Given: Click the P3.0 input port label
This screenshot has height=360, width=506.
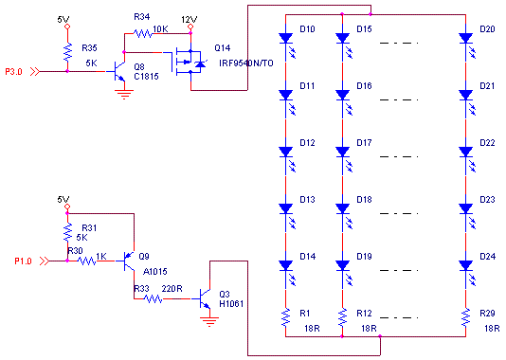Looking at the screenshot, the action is pos(13,72).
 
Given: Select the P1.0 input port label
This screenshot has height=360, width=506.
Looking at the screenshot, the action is pos(23,261).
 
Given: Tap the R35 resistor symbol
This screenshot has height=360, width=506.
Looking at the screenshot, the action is pos(67,51).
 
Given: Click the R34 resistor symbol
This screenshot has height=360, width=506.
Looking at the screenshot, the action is pos(143,33).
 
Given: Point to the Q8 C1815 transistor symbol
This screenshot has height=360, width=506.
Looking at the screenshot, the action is pos(118,71).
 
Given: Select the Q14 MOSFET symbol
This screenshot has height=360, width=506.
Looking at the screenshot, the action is pos(189,62).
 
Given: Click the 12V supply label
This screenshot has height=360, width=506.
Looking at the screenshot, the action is pos(189,20).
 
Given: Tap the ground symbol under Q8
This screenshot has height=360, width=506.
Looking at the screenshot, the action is pos(124,95).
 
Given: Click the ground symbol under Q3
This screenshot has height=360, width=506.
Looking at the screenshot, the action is pos(209,322).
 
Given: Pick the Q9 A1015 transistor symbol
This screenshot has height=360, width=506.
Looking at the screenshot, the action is pos(129,261).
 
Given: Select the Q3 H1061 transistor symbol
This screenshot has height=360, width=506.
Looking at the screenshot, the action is pos(205,298).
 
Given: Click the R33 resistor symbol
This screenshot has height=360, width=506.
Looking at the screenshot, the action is pos(153,299).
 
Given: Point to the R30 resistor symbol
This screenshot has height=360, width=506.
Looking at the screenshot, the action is pos(86,261).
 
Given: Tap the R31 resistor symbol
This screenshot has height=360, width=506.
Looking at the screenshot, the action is pos(67,232).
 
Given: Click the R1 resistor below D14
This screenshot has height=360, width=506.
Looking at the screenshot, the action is pos(285,317).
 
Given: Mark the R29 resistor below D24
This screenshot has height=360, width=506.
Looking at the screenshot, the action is pos(465,317).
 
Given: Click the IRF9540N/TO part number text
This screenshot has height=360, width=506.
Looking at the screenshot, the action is pos(246,63).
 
